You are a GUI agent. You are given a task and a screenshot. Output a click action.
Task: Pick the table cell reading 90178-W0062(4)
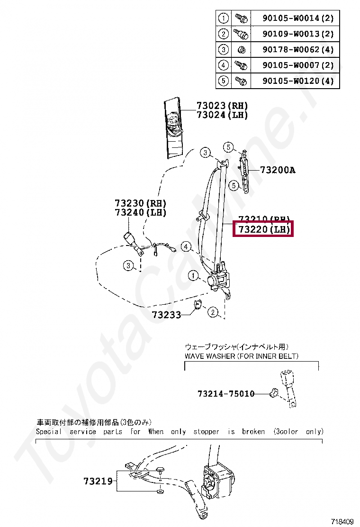(298, 49)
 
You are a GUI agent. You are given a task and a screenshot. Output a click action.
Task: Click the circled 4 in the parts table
(223, 65)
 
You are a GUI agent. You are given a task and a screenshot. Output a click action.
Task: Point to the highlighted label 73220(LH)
(263, 230)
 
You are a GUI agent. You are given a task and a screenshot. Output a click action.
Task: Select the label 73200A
(277, 170)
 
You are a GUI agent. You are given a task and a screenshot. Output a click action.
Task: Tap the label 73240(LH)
(140, 212)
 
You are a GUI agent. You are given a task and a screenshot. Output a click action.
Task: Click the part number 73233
(166, 314)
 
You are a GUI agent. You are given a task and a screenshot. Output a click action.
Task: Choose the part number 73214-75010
(225, 394)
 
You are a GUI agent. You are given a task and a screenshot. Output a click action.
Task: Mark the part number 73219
(98, 482)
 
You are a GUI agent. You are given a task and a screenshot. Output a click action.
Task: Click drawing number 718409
(342, 522)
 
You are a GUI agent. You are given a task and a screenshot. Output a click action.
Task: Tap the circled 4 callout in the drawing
(186, 247)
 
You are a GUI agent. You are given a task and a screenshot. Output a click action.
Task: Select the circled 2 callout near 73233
(213, 311)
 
